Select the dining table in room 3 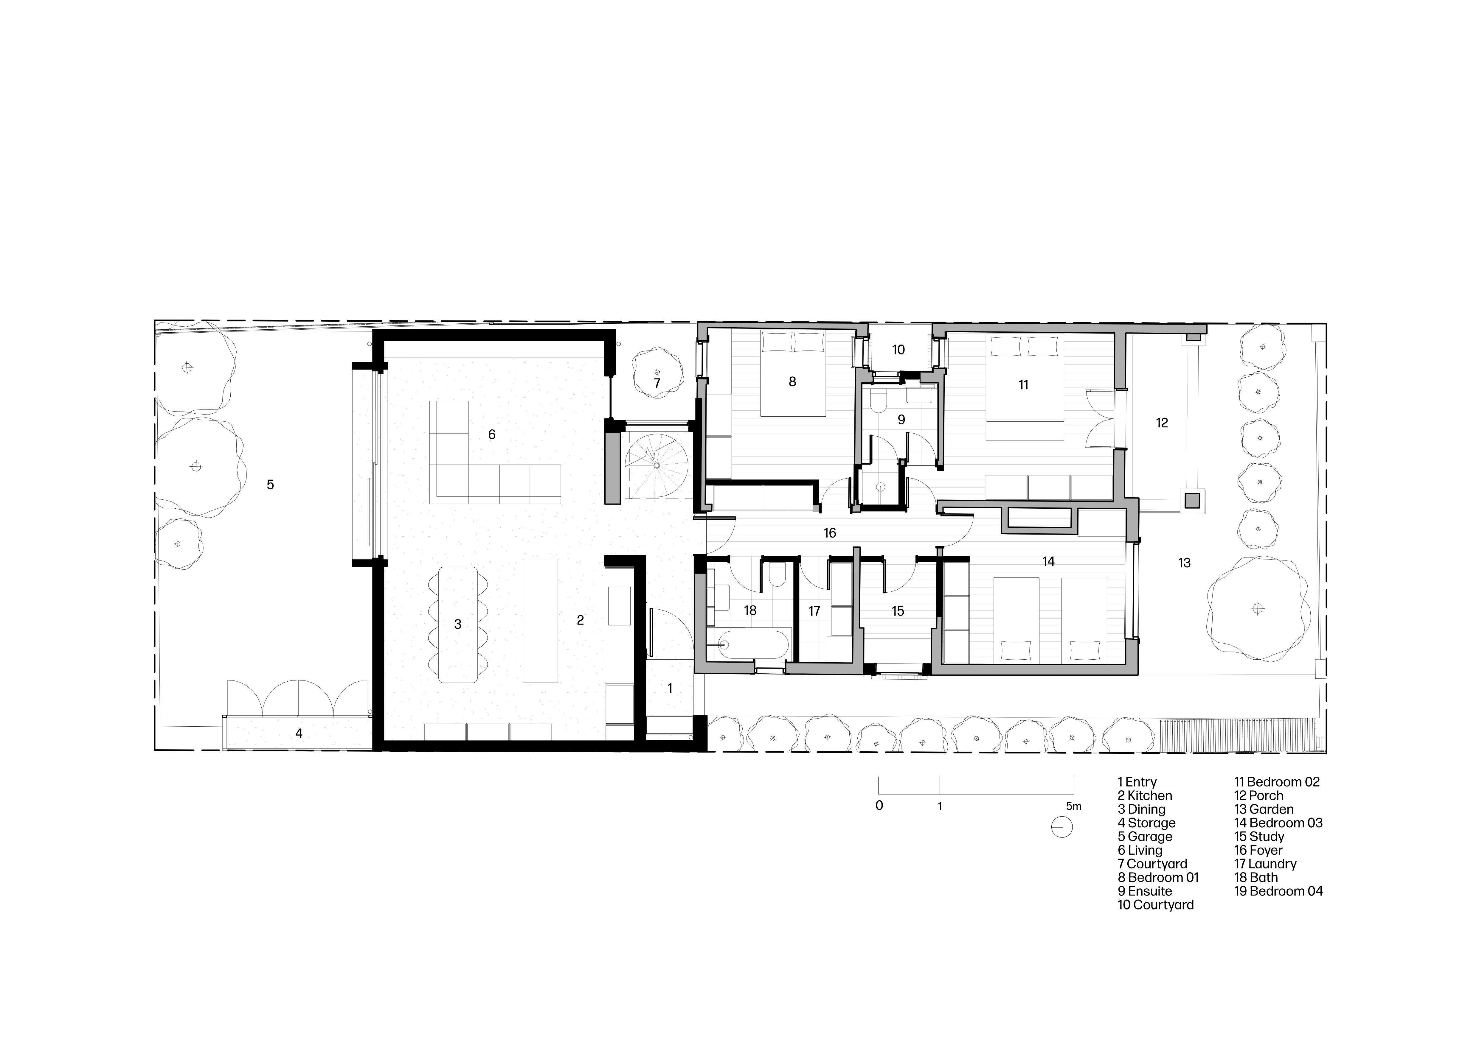pos(458,624)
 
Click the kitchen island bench pos(540,620)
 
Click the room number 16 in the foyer pos(830,533)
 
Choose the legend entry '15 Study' pos(1259,836)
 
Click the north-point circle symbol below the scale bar pos(1061,827)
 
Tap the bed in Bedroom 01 pos(792,373)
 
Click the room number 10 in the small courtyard pos(898,350)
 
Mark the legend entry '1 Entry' pos(1137,782)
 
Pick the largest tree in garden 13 pos(1257,608)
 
